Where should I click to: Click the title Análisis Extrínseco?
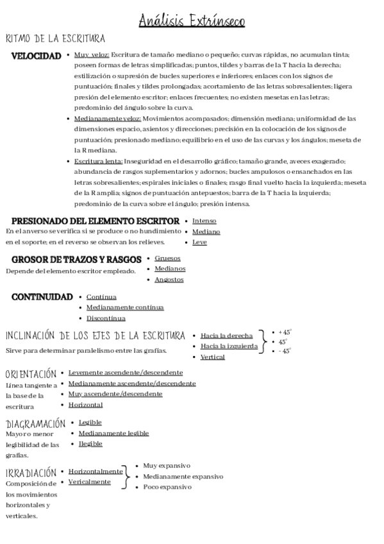[192, 22]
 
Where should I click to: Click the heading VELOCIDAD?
[37, 56]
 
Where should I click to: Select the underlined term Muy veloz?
[92, 56]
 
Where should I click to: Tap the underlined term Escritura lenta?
[98, 162]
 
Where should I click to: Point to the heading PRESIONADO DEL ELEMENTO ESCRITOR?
[95, 221]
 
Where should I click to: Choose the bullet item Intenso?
[205, 221]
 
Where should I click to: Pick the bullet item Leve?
[199, 242]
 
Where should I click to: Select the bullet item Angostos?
[169, 280]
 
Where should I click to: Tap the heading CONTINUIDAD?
[42, 297]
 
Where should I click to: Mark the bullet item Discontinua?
[106, 318]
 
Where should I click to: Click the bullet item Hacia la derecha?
[226, 336]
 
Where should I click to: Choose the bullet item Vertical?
[212, 357]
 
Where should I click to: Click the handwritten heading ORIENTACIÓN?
[30, 373]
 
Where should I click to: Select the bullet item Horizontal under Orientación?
[85, 405]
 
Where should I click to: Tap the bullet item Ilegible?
[90, 443]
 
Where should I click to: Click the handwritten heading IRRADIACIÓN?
[30, 472]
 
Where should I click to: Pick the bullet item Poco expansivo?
[167, 487]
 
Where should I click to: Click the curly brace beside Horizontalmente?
[127, 476]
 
